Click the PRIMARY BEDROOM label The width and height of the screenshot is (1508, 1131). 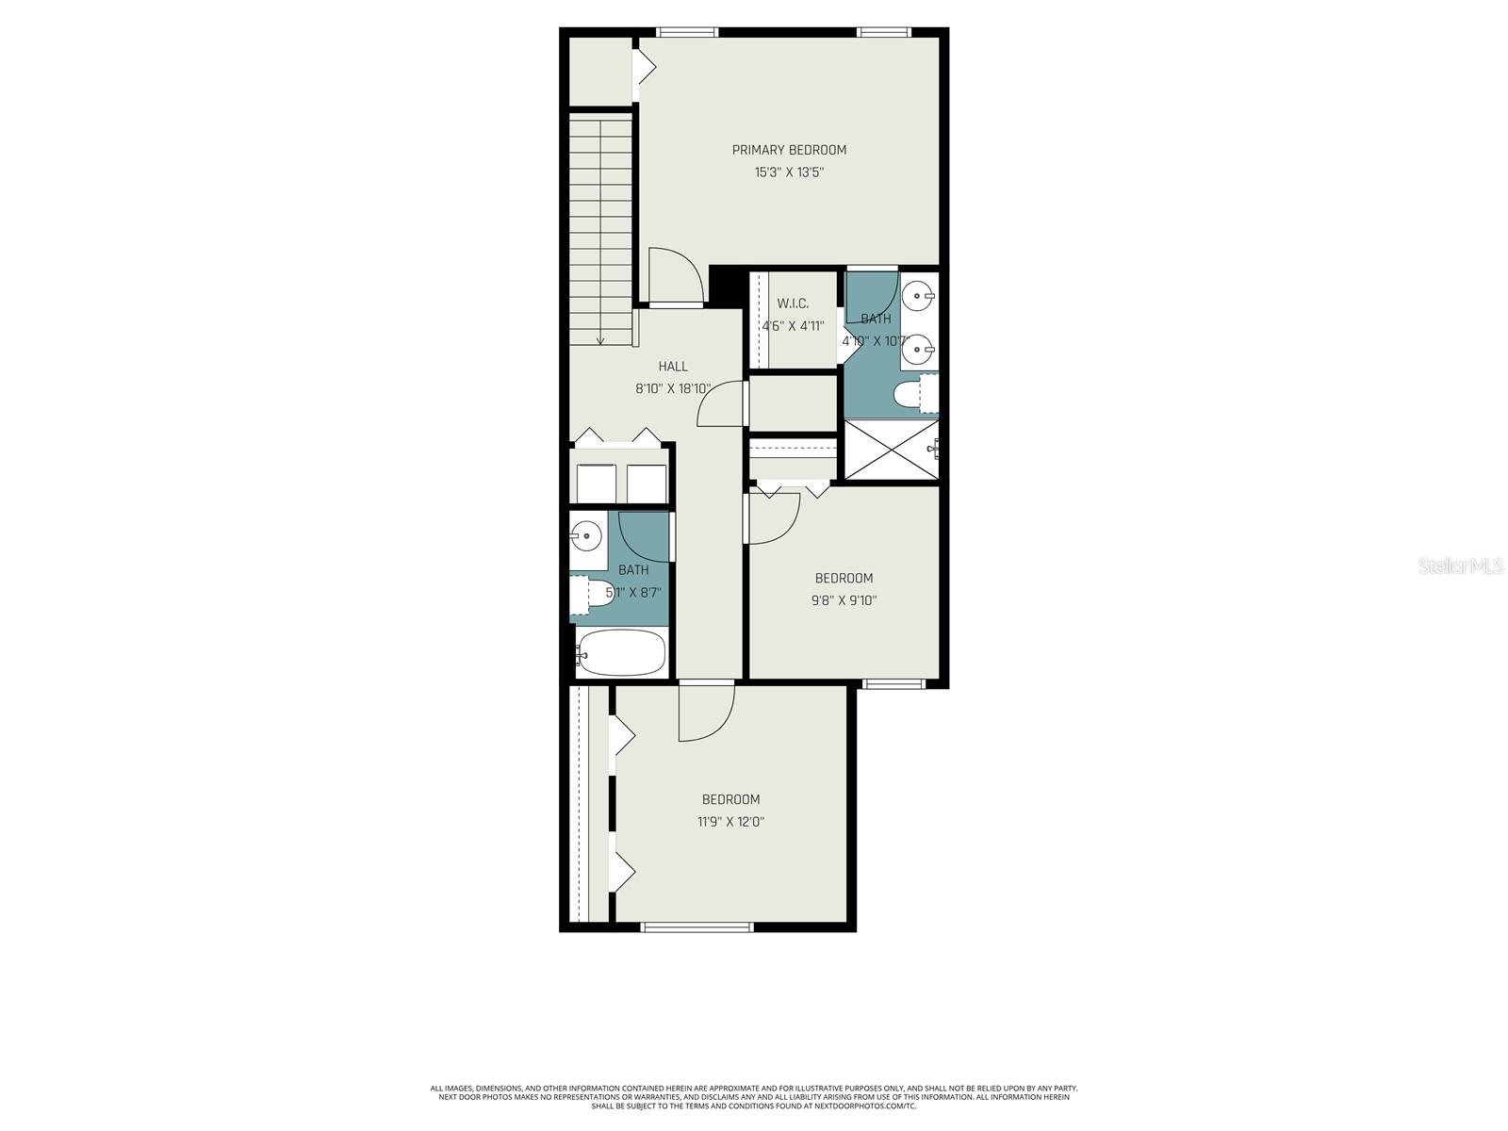789,150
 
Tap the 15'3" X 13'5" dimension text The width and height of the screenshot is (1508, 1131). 789,172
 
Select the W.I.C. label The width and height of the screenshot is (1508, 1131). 793,303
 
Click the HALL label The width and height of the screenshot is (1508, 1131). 673,367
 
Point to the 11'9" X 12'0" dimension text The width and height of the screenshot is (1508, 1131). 730,822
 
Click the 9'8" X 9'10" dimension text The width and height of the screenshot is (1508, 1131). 844,600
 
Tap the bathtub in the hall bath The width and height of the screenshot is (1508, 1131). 622,652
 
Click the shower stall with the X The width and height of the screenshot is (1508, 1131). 891,450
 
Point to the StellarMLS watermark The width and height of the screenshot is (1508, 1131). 1461,566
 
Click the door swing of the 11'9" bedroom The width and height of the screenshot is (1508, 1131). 705,713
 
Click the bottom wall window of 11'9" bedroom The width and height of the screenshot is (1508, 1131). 697,926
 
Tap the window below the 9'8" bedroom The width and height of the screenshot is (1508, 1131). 889,683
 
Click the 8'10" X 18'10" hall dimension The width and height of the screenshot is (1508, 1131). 673,388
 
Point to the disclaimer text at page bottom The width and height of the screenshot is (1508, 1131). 754,1097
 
